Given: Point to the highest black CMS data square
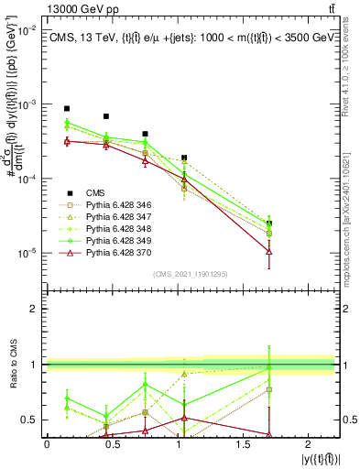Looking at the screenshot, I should tap(67, 108).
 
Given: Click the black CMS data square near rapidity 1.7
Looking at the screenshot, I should tap(268, 223).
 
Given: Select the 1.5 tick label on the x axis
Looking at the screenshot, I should tap(243, 443).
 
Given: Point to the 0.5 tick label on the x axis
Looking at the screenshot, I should tap(112, 443).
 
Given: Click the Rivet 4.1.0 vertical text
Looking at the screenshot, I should tap(353, 64).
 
